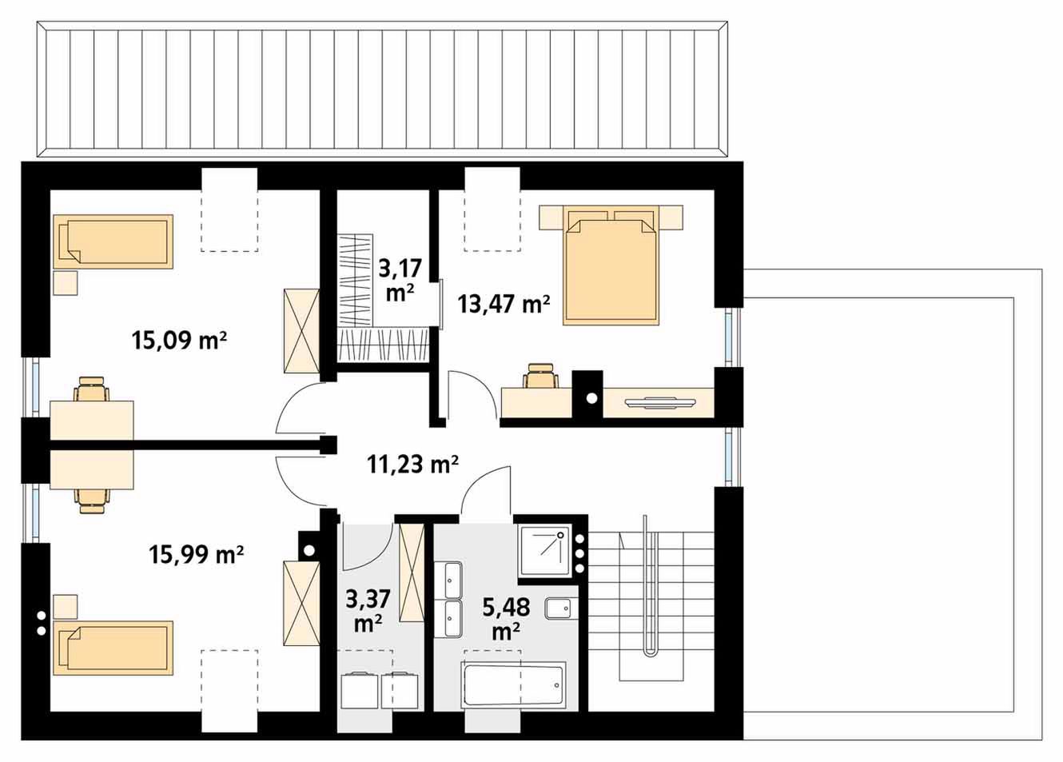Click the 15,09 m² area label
(179, 340)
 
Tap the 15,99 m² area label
(197, 553)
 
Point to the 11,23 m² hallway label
(412, 464)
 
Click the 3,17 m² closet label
(400, 280)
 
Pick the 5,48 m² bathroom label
(506, 619)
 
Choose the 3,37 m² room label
(368, 612)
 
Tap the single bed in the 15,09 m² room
(113, 241)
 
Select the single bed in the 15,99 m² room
(113, 648)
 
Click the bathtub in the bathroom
(513, 685)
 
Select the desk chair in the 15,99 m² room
(92, 501)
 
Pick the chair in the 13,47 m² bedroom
(541, 377)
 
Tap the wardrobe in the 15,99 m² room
(301, 603)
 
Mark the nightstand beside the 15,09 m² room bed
(66, 283)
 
